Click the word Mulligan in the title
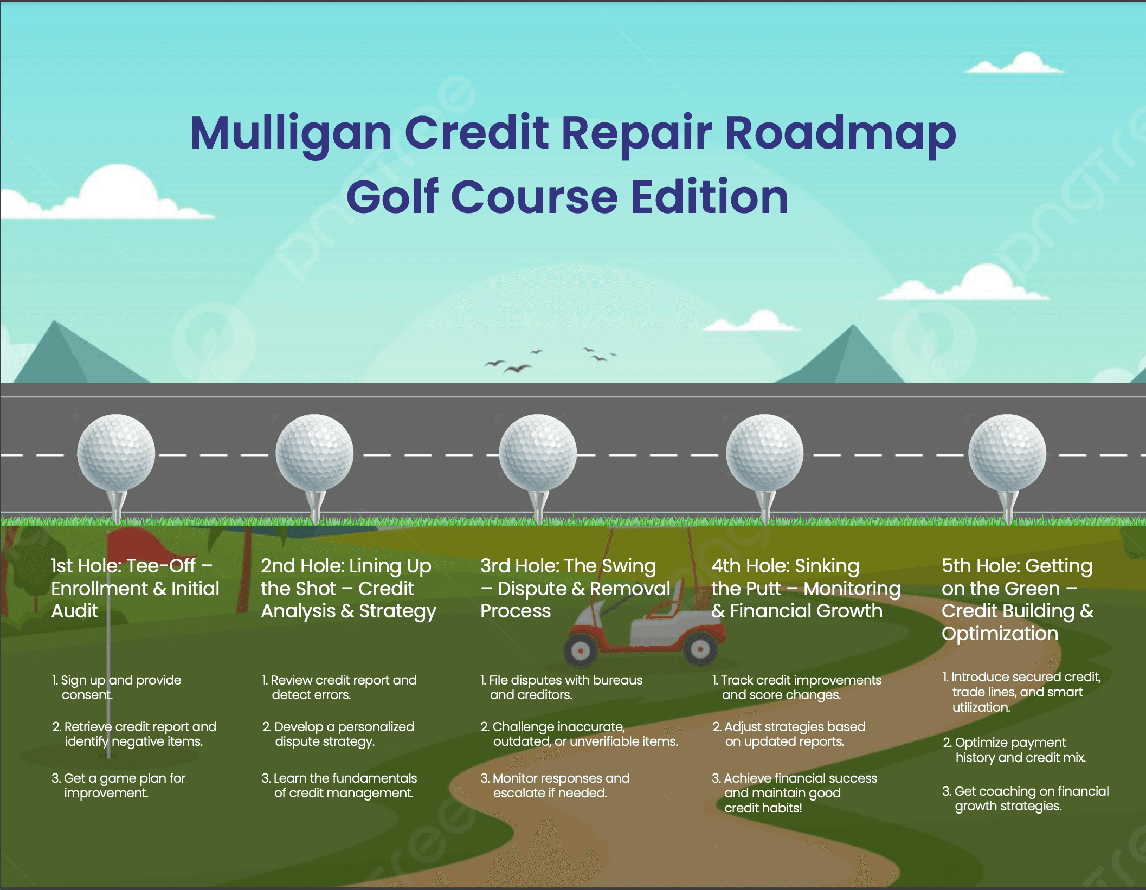pyautogui.click(x=291, y=133)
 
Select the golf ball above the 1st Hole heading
pyautogui.click(x=116, y=452)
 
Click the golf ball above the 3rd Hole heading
pyautogui.click(x=537, y=452)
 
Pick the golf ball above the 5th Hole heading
pyautogui.click(x=1007, y=452)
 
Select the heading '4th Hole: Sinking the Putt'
pyautogui.click(x=806, y=588)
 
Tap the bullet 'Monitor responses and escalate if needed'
pyautogui.click(x=555, y=785)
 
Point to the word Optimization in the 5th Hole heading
pyautogui.click(x=1000, y=634)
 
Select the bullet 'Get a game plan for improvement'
pyautogui.click(x=119, y=785)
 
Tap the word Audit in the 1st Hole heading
pyautogui.click(x=75, y=611)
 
